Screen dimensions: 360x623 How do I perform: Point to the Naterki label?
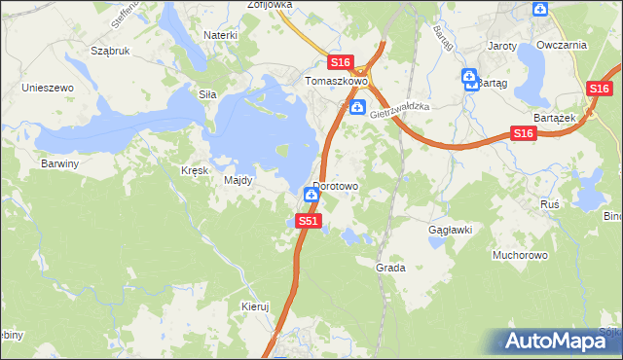tap(221, 35)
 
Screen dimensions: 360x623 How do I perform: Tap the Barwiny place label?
tap(59, 163)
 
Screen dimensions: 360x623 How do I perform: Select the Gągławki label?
tap(451, 230)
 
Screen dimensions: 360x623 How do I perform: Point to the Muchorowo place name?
tap(521, 255)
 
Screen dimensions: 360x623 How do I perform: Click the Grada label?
tap(390, 267)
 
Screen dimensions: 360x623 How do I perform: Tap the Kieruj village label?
tap(254, 306)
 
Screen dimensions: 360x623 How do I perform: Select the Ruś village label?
tap(549, 204)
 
